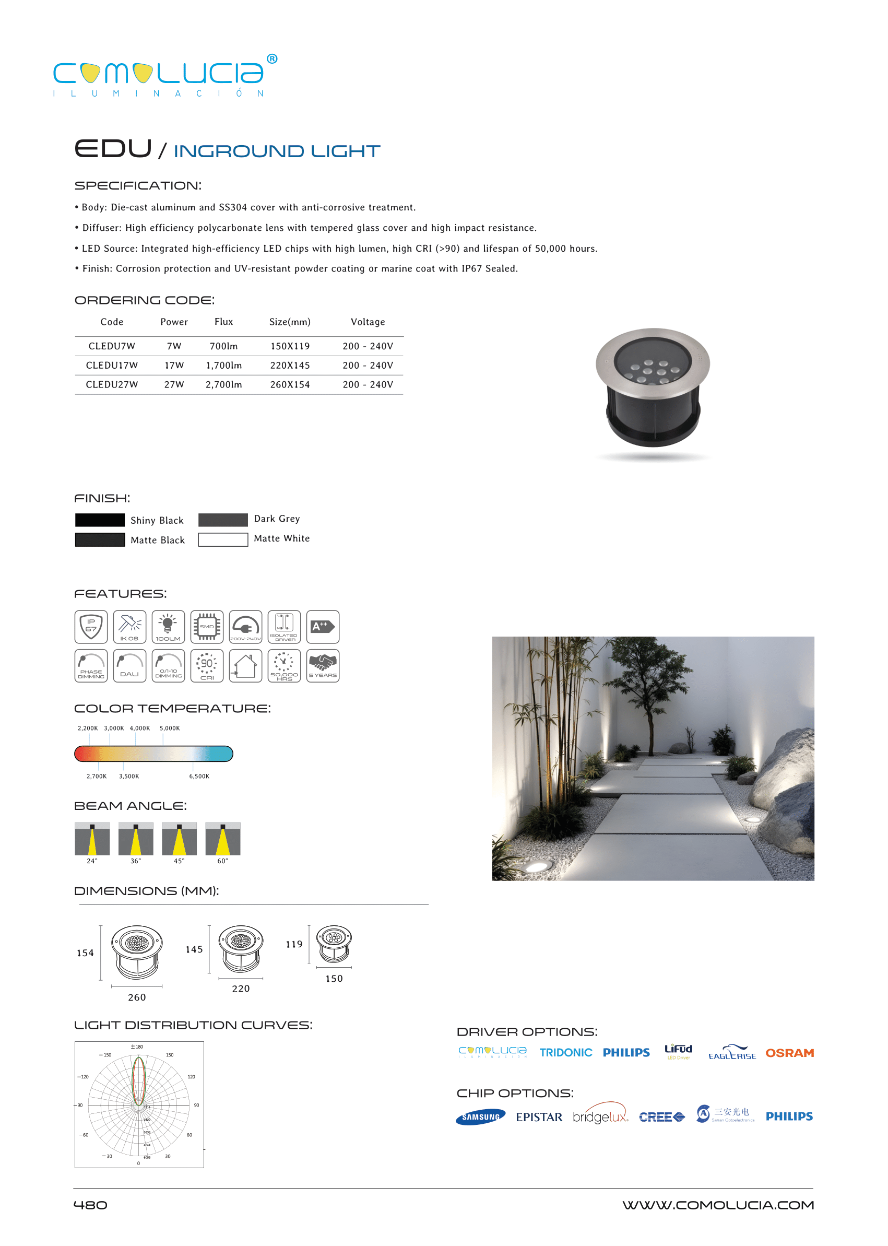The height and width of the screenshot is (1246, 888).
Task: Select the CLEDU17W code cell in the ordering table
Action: point(112,366)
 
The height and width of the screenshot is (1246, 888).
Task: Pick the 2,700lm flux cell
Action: point(223,384)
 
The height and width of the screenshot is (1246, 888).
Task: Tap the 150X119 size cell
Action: point(290,346)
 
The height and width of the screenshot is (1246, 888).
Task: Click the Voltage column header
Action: point(368,322)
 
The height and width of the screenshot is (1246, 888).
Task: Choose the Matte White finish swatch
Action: point(222,539)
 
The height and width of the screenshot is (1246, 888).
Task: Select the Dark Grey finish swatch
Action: point(222,520)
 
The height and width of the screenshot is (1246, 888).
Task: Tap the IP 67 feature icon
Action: point(91,627)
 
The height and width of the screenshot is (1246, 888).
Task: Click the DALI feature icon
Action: point(129,666)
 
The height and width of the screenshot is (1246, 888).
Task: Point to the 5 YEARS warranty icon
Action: point(323,666)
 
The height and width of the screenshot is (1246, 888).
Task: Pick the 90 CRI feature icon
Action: point(207,666)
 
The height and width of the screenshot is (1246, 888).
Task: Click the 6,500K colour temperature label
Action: point(199,776)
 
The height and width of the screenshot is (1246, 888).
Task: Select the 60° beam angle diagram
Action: point(222,839)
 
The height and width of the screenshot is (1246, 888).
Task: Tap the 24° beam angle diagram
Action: point(92,839)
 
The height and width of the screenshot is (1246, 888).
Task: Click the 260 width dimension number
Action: point(137,997)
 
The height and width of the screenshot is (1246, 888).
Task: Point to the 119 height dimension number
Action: point(294,944)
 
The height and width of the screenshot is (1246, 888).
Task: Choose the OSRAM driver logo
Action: point(789,1053)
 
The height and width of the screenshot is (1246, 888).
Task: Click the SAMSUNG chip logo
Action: point(480,1117)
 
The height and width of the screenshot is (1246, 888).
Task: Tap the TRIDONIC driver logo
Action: point(565,1053)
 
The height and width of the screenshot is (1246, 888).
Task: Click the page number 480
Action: point(90,1205)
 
